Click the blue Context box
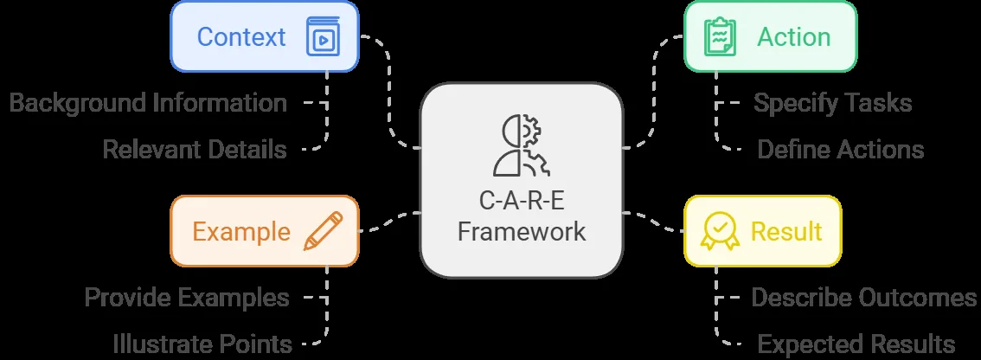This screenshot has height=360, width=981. tap(265, 36)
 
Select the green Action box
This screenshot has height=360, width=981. tap(770, 36)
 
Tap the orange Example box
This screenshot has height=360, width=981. tap(265, 231)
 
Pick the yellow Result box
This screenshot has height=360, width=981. tap(763, 231)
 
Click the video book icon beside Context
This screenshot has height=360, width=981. tap(323, 36)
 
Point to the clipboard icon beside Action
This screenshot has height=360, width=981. tap(720, 36)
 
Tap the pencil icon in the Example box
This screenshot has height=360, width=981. tap(324, 231)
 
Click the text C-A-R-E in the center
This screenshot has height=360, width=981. tap(521, 202)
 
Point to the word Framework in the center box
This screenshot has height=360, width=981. tap(521, 231)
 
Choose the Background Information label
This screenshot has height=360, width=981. tap(148, 103)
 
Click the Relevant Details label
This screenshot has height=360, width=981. tap(195, 150)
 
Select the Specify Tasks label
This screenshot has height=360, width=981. tap(833, 103)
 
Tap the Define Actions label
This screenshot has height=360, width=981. tap(841, 150)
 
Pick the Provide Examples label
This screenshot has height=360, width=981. tap(187, 297)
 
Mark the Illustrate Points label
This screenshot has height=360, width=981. tap(202, 344)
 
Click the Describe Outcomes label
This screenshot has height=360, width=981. tap(864, 297)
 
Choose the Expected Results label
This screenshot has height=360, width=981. tap(856, 344)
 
